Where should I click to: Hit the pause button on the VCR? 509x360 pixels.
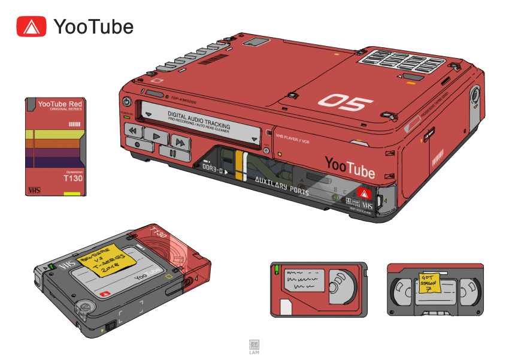pos(172,153)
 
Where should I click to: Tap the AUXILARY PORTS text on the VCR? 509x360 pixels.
pos(281,186)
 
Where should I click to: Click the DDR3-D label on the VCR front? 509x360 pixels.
pos(214,170)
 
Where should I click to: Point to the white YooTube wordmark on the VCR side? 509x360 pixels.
pos(350,167)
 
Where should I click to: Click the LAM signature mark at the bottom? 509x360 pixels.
pos(255,347)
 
